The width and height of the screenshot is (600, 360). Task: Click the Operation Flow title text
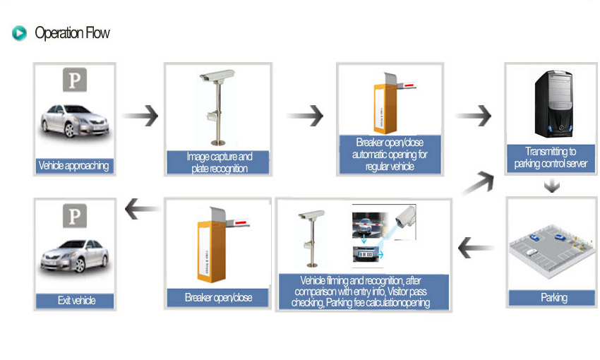click(x=72, y=33)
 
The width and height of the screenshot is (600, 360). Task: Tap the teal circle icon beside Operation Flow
click(x=20, y=33)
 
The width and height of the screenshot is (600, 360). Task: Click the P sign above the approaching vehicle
click(x=75, y=80)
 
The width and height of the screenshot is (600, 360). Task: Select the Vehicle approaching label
click(x=75, y=166)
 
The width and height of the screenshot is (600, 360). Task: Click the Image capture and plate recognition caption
click(x=219, y=162)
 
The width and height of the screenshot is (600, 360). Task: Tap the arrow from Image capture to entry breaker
click(x=306, y=115)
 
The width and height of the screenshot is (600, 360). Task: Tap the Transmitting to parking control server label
click(x=551, y=158)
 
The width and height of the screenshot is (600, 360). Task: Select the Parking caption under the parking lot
click(x=553, y=297)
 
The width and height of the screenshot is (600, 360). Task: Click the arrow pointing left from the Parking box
click(x=477, y=248)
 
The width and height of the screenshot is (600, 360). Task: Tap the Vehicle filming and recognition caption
click(x=363, y=291)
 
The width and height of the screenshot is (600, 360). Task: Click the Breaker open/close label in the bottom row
click(x=218, y=297)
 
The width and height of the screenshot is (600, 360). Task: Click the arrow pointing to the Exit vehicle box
click(x=141, y=208)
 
